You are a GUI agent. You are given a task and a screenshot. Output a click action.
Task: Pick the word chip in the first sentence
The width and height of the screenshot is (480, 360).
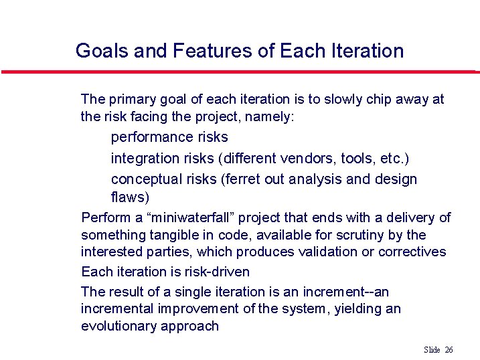[380, 100]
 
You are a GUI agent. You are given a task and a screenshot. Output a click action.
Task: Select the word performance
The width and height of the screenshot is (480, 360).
[169, 137]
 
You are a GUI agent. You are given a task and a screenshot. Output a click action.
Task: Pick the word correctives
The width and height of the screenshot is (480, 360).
[412, 252]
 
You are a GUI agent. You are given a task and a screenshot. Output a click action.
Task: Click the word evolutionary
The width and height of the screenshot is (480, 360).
[118, 326]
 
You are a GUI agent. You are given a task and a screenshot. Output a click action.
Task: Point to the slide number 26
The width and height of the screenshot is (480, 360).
[449, 350]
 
